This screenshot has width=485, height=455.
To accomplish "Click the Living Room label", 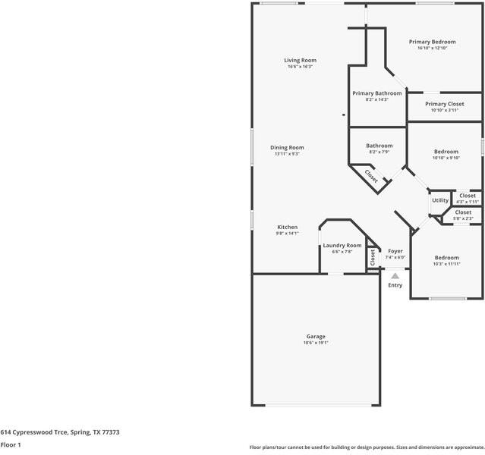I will click(301, 60).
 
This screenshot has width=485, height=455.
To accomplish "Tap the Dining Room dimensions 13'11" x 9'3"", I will click(287, 154).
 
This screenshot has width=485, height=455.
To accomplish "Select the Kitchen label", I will click(287, 227).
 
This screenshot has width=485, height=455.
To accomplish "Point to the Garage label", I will click(316, 337).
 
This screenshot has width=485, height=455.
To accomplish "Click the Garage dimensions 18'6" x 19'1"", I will click(316, 344).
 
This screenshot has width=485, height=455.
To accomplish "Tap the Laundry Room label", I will click(342, 245).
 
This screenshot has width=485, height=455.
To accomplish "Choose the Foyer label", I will click(395, 251).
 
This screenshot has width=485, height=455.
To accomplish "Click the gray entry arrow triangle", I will click(395, 276).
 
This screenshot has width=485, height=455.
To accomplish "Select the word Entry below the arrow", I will click(395, 285).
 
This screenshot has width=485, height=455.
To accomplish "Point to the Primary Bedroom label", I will click(432, 42).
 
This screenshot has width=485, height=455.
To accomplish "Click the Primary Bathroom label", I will click(377, 93).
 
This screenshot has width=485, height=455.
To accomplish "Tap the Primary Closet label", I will click(444, 104).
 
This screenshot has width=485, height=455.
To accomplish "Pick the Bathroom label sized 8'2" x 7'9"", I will click(379, 146).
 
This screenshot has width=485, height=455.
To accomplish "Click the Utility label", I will click(440, 200).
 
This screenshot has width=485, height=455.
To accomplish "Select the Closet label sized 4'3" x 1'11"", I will click(468, 196).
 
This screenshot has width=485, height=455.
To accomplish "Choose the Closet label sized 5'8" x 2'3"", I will click(463, 212).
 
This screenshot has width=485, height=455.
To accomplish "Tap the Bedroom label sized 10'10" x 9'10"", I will click(446, 152).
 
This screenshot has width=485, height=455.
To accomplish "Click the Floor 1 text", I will click(11, 445).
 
